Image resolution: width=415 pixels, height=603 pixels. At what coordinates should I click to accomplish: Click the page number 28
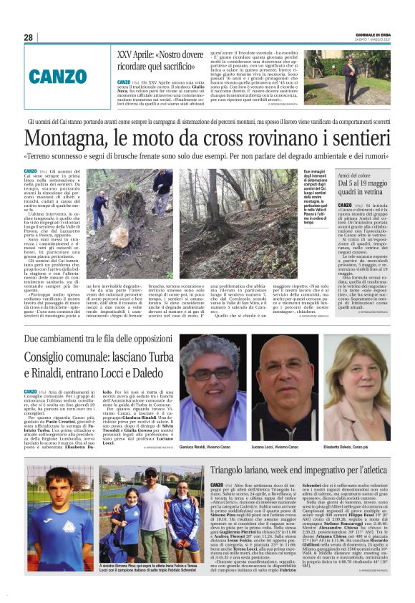point(28,37)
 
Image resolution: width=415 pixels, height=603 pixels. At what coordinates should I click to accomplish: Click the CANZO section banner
point(57,77)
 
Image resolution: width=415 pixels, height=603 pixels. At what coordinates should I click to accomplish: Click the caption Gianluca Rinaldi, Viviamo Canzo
point(207,445)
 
